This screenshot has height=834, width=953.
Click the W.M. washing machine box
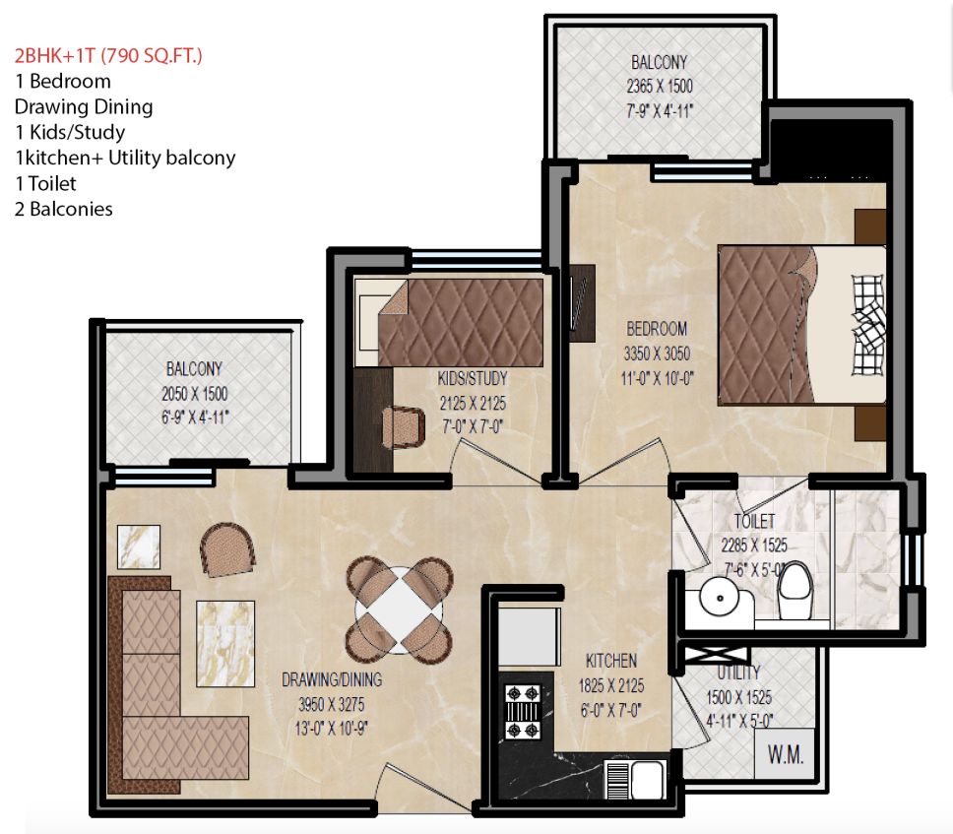[x=786, y=756]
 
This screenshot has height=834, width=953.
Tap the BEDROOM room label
[x=656, y=329]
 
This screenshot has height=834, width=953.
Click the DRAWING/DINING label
[x=332, y=680]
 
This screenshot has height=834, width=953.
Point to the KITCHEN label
[x=610, y=661]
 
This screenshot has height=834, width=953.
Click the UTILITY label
[x=738, y=673]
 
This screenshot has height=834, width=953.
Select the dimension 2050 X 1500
[x=193, y=394]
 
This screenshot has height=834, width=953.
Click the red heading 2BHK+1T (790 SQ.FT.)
[x=109, y=56]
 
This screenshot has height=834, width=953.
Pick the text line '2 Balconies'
[x=63, y=209]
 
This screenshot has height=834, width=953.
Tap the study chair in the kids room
[x=403, y=425]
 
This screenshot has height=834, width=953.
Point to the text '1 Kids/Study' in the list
[x=70, y=132]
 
